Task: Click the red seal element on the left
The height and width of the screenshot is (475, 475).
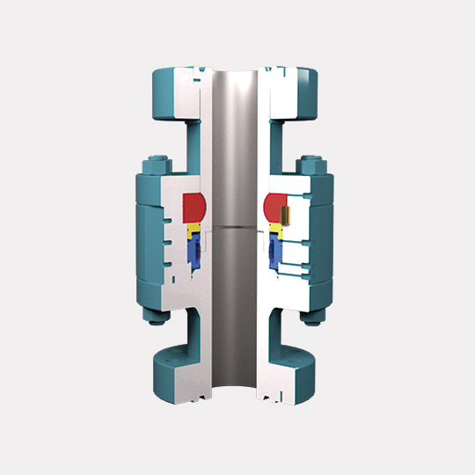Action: [193, 208]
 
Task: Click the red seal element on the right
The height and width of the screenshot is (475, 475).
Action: [278, 208]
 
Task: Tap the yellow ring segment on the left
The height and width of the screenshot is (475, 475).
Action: [194, 231]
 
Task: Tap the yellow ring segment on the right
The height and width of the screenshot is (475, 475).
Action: [276, 230]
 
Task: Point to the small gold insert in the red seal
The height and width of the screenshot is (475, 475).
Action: [287, 213]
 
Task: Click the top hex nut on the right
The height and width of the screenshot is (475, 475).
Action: [310, 163]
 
